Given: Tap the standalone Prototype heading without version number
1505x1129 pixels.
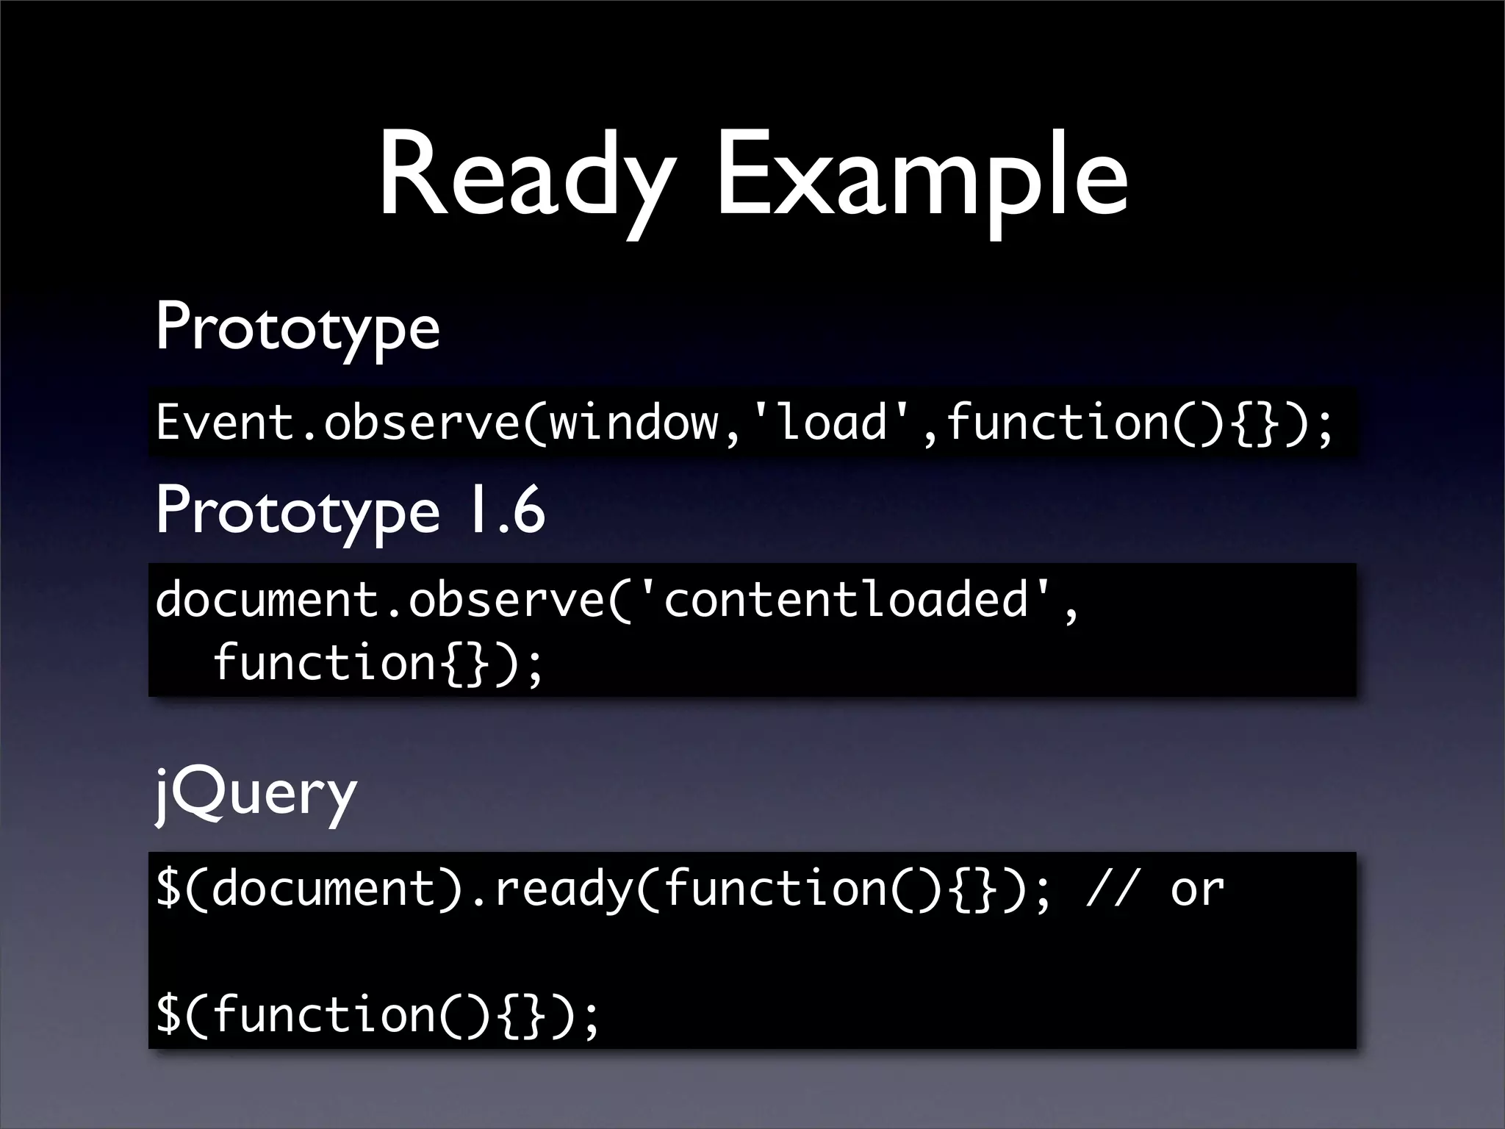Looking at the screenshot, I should click(298, 329).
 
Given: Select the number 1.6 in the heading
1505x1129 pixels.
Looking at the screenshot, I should click(507, 511).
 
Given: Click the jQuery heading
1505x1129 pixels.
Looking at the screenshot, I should click(256, 794).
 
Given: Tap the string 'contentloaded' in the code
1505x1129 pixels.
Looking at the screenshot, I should click(845, 599).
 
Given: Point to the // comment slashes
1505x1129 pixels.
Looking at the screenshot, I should click(1112, 889).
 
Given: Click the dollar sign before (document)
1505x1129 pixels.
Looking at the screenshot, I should click(168, 889).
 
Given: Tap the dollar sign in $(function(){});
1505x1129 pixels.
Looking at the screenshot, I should click(168, 1014).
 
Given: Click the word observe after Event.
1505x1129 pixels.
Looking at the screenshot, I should click(422, 423).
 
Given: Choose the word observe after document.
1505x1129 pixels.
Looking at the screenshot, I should click(506, 599).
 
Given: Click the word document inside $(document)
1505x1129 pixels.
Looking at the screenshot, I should click(324, 889).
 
